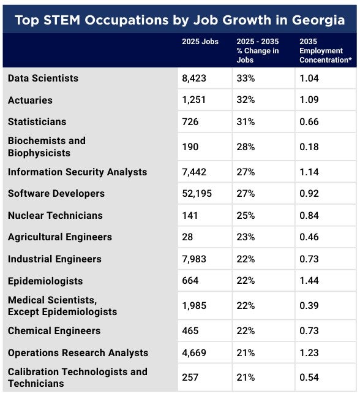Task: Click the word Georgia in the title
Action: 318,21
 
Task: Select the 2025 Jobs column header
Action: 200,42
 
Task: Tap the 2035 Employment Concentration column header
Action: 326,50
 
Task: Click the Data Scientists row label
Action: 43,78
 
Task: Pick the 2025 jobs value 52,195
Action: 197,194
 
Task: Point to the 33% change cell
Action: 246,78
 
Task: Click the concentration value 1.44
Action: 309,281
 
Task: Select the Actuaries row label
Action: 30,101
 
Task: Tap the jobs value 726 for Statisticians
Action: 190,122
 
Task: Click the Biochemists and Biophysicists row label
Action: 47,147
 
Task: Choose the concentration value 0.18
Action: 309,147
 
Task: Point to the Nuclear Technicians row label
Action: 55,215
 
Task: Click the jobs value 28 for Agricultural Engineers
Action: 187,237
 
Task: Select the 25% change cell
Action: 246,215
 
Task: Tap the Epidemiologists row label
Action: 45,281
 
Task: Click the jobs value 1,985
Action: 194,306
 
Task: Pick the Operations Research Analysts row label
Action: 78,353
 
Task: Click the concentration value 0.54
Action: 309,378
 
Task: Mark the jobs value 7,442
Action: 194,172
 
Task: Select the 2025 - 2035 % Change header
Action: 258,50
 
